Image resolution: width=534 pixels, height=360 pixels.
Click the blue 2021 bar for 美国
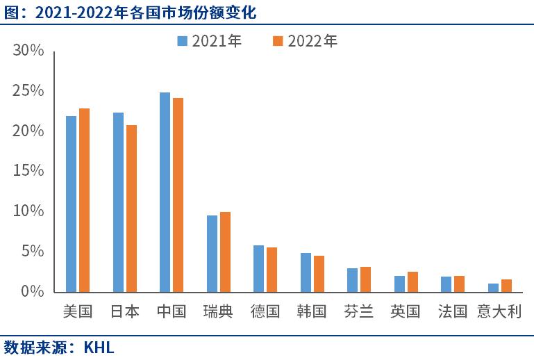point(71,204)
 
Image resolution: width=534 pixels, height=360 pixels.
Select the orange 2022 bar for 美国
point(84,200)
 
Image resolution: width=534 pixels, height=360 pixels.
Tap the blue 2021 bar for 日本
point(118,202)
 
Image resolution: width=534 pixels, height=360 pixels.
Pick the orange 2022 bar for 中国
point(178,195)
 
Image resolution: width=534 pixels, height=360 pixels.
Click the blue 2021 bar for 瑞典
point(212,254)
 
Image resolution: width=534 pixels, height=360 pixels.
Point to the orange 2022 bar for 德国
point(272,270)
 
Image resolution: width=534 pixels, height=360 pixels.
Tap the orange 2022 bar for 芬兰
point(366,279)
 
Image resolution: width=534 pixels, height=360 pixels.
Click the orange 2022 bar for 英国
point(413,281)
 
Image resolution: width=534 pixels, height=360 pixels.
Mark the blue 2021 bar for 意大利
point(494,288)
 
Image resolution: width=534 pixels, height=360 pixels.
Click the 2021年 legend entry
point(210,42)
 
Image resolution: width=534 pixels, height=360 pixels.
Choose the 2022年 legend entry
point(306,42)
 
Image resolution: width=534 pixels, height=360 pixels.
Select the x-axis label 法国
point(452,311)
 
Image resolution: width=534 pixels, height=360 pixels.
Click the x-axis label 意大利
point(499,311)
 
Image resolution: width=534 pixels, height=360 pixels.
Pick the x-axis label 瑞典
point(218,311)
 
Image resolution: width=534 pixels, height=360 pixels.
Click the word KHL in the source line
point(99,346)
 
